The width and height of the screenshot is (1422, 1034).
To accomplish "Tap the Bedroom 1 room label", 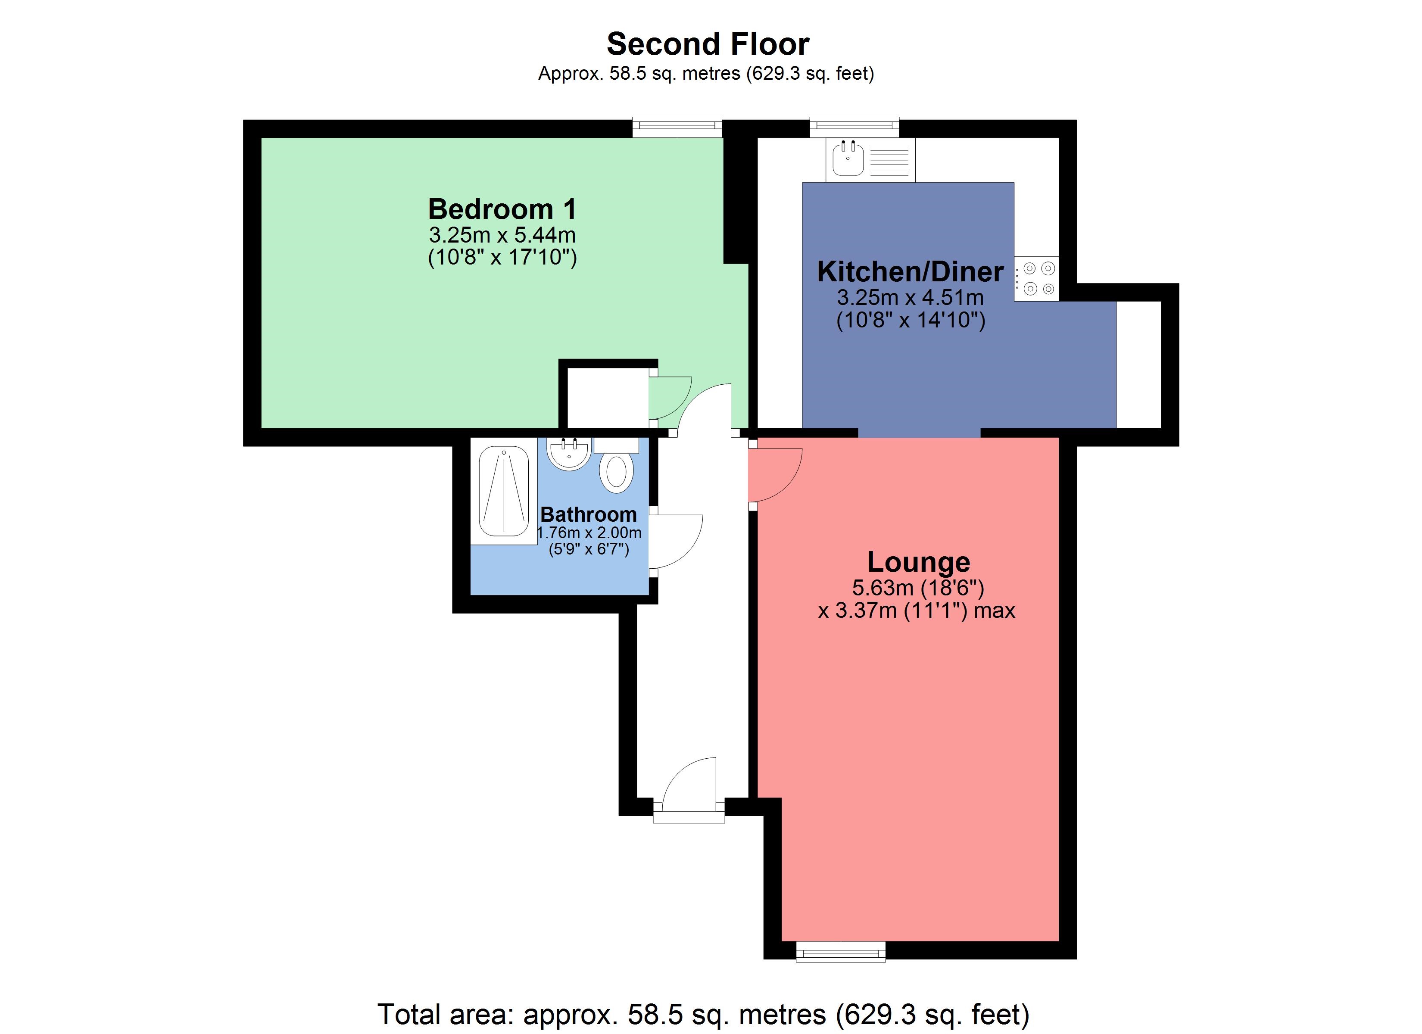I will (x=502, y=209).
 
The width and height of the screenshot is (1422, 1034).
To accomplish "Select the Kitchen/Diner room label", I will (x=910, y=271).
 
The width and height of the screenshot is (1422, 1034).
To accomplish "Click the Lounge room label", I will (x=918, y=561).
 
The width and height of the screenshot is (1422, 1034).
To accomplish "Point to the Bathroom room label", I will (x=588, y=514).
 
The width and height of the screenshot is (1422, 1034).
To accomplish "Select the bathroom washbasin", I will (x=569, y=453).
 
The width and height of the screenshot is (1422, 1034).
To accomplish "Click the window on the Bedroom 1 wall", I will (x=677, y=127).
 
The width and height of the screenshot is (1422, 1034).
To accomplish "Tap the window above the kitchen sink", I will (x=854, y=127).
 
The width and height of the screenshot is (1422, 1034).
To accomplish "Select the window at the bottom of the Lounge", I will (x=840, y=952).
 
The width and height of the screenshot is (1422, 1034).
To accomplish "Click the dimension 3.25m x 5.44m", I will (x=502, y=235).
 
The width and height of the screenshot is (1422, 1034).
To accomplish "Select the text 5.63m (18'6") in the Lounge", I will (x=918, y=588).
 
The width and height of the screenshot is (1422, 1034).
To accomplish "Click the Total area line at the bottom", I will (x=703, y=1014).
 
